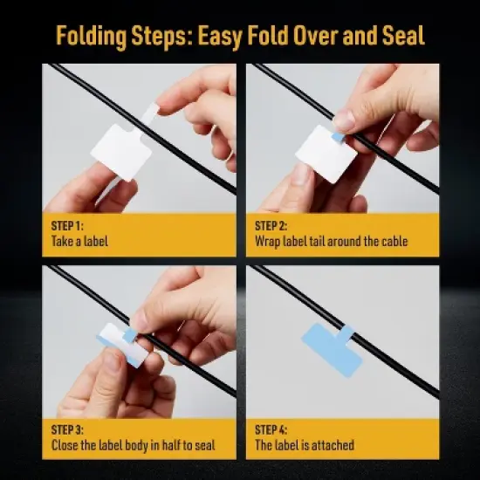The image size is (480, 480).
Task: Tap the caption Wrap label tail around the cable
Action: click(x=331, y=241)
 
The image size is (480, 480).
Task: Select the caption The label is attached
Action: click(x=304, y=445)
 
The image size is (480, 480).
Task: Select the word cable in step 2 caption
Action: click(x=394, y=241)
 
